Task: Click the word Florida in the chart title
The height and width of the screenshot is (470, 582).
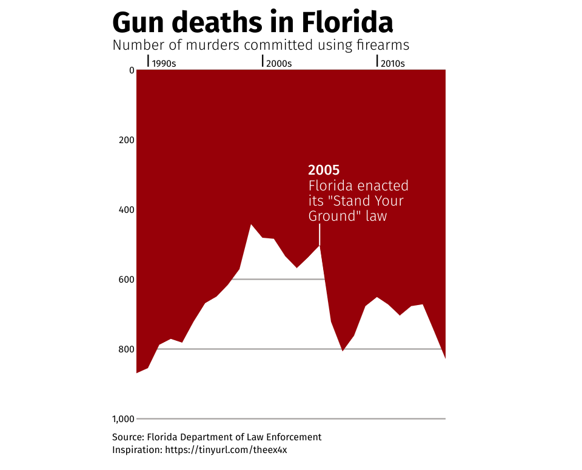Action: pyautogui.click(x=347, y=23)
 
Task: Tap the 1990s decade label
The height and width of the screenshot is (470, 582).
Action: pyautogui.click(x=164, y=63)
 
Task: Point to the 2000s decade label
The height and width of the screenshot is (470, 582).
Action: pyautogui.click(x=279, y=63)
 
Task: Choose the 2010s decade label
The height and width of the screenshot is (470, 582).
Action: pyautogui.click(x=393, y=63)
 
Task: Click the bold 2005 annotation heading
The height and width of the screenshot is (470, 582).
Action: pyautogui.click(x=324, y=170)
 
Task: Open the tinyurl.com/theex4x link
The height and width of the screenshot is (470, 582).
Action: pyautogui.click(x=230, y=450)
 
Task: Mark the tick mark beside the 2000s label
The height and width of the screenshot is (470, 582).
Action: pyautogui.click(x=263, y=61)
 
